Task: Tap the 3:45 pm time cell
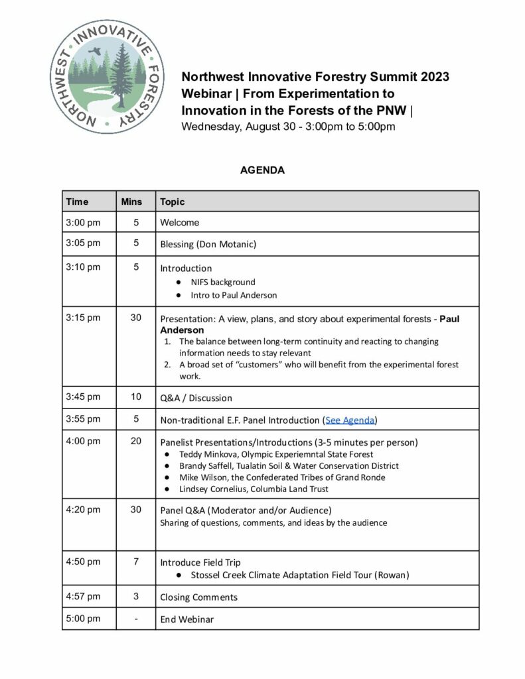(83, 397)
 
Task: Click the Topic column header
(173, 201)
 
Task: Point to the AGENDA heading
(262, 170)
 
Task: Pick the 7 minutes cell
(135, 562)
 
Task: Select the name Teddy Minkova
(207, 454)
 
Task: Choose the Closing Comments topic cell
(198, 597)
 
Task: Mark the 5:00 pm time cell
(83, 619)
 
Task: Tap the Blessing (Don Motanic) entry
(208, 244)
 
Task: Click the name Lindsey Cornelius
(213, 489)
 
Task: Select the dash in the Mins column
(135, 619)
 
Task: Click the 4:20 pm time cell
(83, 510)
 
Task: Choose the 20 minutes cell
(135, 441)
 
